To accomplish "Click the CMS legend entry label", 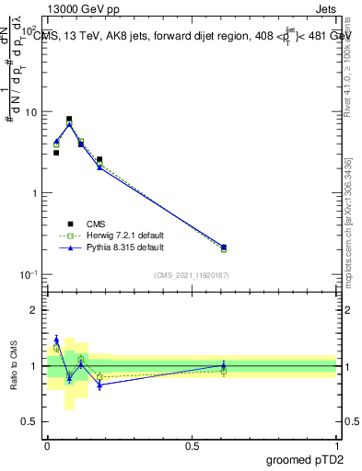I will pos(97,224).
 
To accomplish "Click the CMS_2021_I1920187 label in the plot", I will pos(191,275).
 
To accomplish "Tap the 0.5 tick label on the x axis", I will pos(192,445).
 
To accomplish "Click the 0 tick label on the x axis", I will pos(47,445).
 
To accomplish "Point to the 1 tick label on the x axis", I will pos(337,445).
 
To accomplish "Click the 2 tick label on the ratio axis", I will pos(37,310).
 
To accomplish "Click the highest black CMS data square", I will pos(69,119).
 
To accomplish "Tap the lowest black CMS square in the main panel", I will pos(224,247).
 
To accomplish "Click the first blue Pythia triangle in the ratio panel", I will pos(56,339).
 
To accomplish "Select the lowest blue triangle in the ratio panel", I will pos(99,385).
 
